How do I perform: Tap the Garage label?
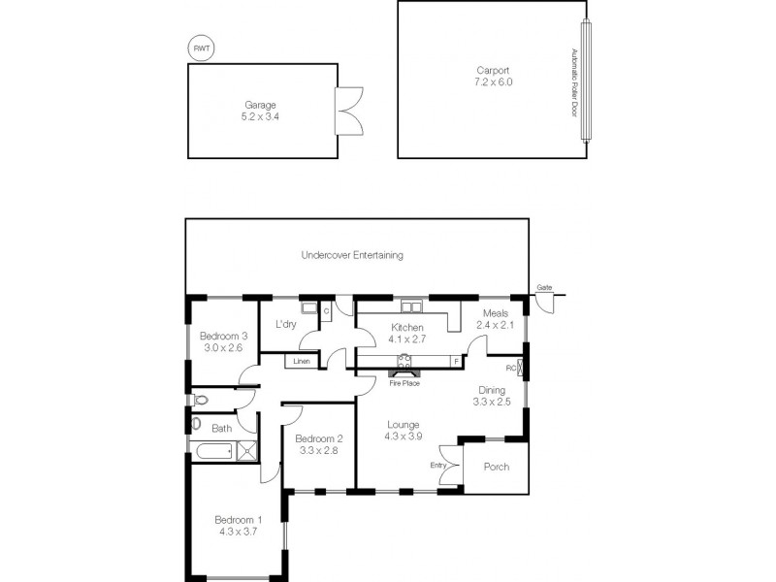(259, 104)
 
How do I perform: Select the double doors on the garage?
(347, 112)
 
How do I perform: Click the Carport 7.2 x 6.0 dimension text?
(494, 82)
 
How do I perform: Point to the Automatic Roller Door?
(585, 82)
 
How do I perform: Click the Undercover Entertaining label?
(352, 256)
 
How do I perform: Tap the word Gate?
(544, 288)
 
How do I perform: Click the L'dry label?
(285, 323)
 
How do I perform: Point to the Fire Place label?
(404, 382)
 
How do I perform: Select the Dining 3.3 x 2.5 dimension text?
(491, 402)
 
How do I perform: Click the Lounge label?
(404, 424)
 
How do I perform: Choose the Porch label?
(496, 467)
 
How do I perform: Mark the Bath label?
(221, 428)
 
